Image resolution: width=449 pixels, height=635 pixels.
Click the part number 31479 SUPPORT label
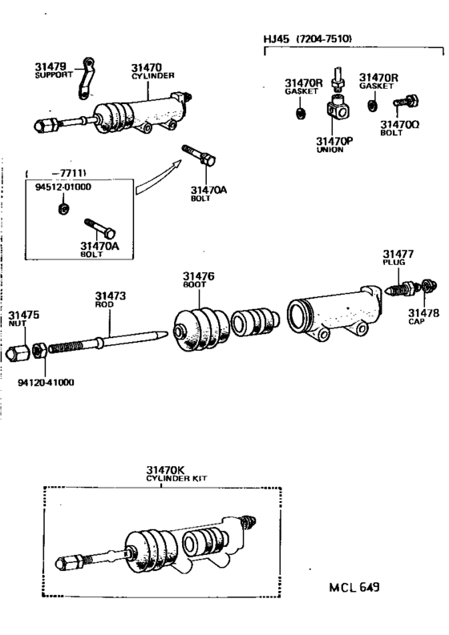(x=53, y=70)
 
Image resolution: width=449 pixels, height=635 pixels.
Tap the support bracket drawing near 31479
(x=86, y=79)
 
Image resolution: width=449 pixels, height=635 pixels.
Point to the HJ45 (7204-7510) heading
(x=308, y=38)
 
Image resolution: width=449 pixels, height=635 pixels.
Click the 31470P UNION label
(x=330, y=143)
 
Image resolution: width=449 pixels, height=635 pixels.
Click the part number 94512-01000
(x=63, y=187)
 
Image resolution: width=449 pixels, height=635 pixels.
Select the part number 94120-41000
(x=46, y=382)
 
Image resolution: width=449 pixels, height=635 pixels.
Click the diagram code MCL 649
(x=353, y=587)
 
